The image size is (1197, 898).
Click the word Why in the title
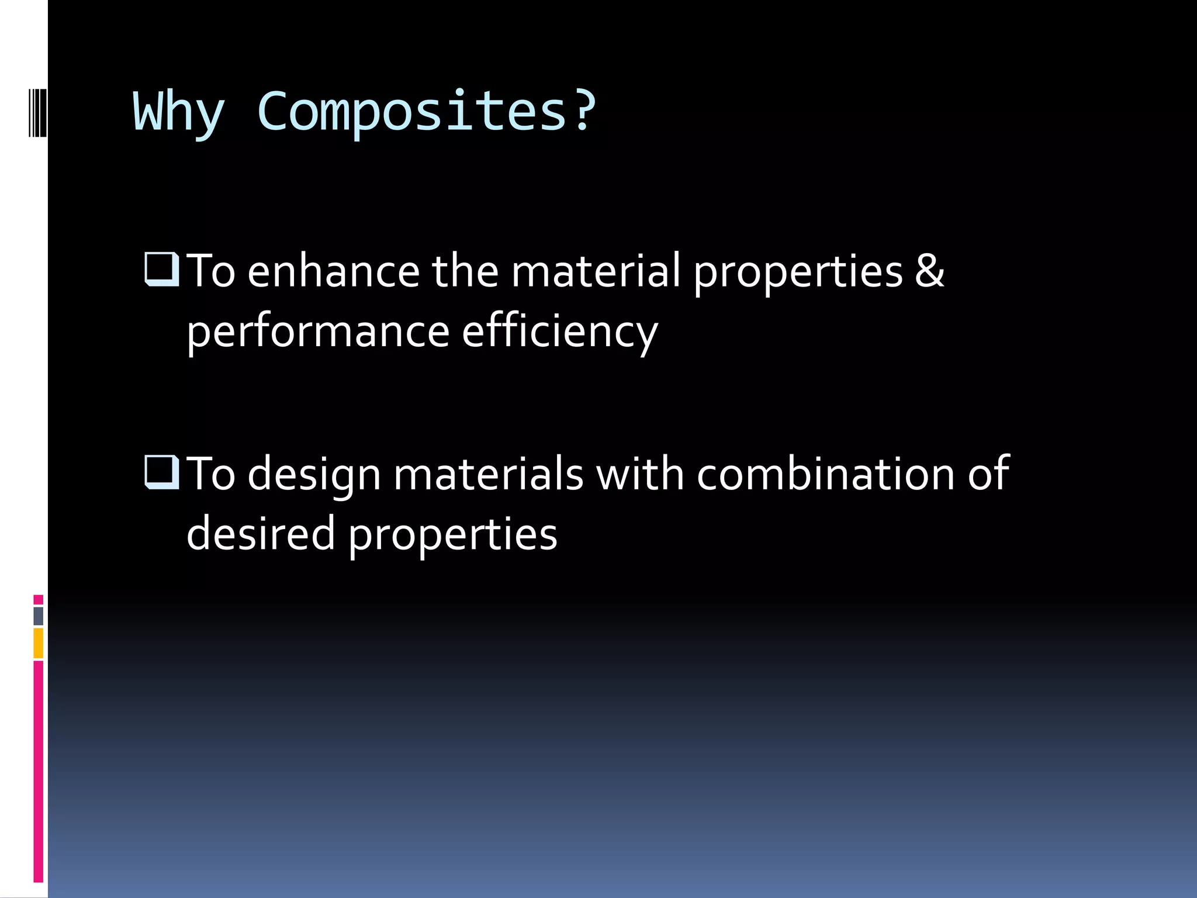(179, 112)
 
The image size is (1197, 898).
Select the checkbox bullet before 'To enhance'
(161, 269)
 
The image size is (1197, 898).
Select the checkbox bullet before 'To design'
(161, 471)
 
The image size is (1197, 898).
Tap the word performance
(318, 332)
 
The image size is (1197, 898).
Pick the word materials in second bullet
(489, 474)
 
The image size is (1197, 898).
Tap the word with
(639, 474)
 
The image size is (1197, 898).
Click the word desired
(261, 533)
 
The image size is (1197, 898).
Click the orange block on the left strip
(39, 643)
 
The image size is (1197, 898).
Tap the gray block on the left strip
(39, 616)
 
